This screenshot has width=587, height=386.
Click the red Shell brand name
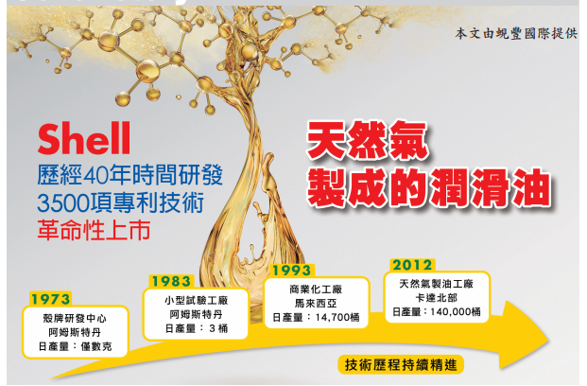[x=84, y=138]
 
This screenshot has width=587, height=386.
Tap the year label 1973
[x=50, y=299]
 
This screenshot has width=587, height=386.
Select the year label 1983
[x=171, y=281]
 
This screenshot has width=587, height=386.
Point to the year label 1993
[x=292, y=271]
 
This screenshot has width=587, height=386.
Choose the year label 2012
[x=412, y=265]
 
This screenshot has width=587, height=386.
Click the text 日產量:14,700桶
[x=316, y=318]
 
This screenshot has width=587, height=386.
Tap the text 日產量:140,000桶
[x=437, y=312]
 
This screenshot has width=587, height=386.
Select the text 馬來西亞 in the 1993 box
[x=316, y=303]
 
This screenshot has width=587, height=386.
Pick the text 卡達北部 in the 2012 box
[x=437, y=298]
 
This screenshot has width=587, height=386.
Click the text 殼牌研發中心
[x=75, y=319]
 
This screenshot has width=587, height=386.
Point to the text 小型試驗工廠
[x=197, y=301]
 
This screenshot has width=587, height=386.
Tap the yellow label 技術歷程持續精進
[x=401, y=364]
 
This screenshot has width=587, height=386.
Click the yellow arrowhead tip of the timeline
[x=549, y=341]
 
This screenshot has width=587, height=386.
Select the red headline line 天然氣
[x=367, y=141]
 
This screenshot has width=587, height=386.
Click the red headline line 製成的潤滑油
[x=429, y=187]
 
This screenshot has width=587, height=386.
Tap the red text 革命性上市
[x=94, y=230]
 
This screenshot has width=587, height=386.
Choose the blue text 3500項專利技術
[x=121, y=202]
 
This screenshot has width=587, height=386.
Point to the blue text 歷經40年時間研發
[x=129, y=175]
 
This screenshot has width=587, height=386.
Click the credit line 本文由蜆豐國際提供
[x=516, y=33]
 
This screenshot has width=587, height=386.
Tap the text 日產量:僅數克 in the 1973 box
[x=75, y=346]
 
